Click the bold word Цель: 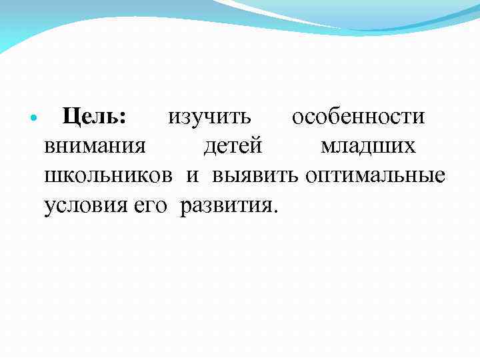click(93, 117)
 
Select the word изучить click(209, 117)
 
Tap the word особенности click(359, 117)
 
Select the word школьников click(108, 176)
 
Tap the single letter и click(193, 177)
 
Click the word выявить click(256, 176)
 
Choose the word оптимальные click(375, 176)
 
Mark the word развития click(224, 206)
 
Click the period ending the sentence click(270, 211)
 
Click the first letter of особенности click(297, 118)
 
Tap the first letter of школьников click(52, 177)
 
